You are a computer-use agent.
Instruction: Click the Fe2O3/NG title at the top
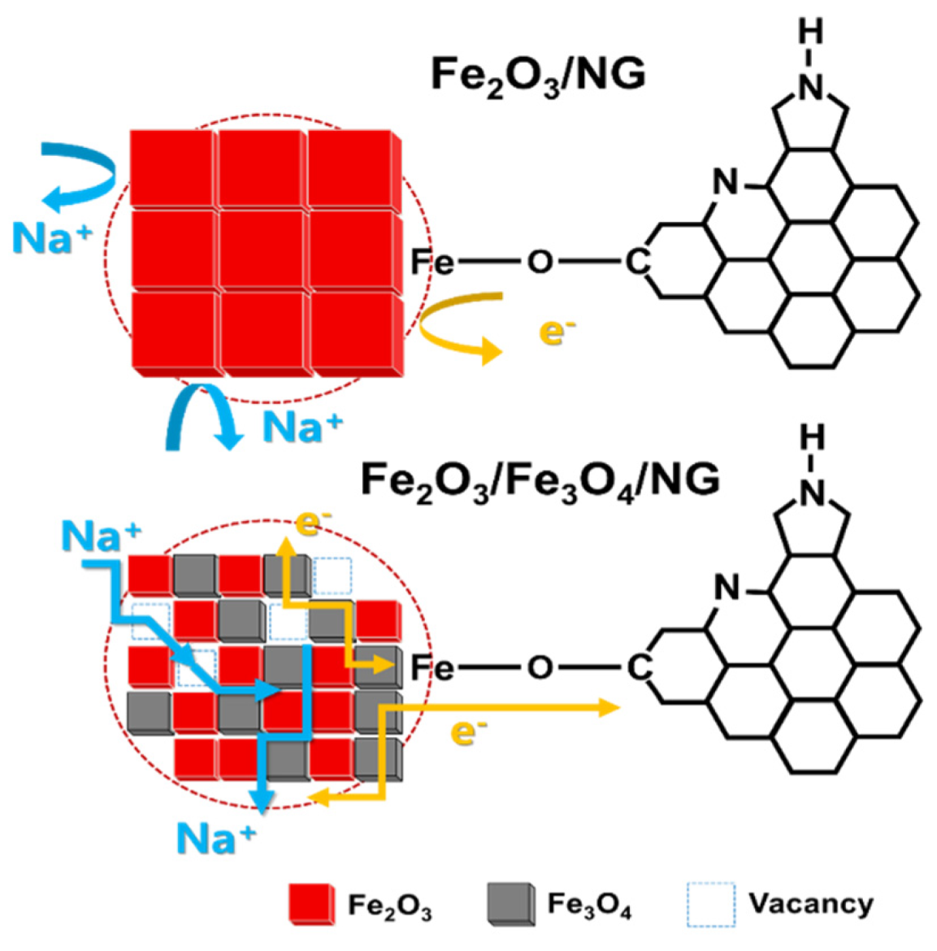(x=538, y=76)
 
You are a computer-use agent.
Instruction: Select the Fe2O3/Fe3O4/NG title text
(x=540, y=480)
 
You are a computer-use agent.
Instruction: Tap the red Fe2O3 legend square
(x=311, y=903)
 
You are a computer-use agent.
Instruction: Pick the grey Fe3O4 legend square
(x=511, y=903)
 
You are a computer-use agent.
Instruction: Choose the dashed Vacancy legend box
(x=710, y=904)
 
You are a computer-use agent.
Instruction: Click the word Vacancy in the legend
(x=810, y=903)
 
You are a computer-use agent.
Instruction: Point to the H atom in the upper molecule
(x=810, y=32)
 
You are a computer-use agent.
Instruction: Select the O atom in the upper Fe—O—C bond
(x=540, y=262)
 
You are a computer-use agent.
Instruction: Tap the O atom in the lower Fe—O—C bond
(x=540, y=668)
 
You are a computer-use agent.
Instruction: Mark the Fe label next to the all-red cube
(x=432, y=262)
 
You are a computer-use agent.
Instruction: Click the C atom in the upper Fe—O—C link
(x=637, y=262)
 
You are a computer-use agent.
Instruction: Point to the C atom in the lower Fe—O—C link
(x=639, y=668)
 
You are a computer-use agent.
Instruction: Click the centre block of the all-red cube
(x=263, y=250)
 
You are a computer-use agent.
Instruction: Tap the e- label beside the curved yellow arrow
(x=556, y=331)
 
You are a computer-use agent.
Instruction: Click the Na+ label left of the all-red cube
(x=50, y=237)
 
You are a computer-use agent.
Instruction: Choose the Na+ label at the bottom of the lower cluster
(x=215, y=837)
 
